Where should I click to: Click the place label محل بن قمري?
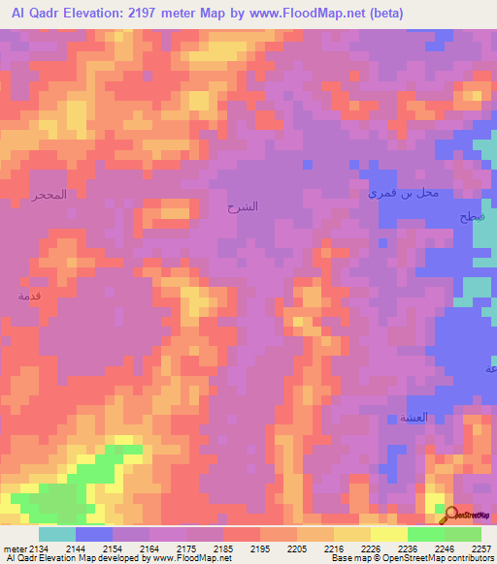coord(403,193)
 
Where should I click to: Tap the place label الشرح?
coord(243,207)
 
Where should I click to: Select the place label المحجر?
coord(48,195)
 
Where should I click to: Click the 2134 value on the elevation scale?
coord(39,548)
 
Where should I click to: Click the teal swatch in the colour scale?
coord(57,534)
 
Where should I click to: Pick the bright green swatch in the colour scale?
coord(425,534)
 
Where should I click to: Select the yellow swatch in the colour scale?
coord(388,534)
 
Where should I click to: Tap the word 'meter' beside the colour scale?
coord(15,548)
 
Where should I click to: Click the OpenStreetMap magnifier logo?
coord(450,513)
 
